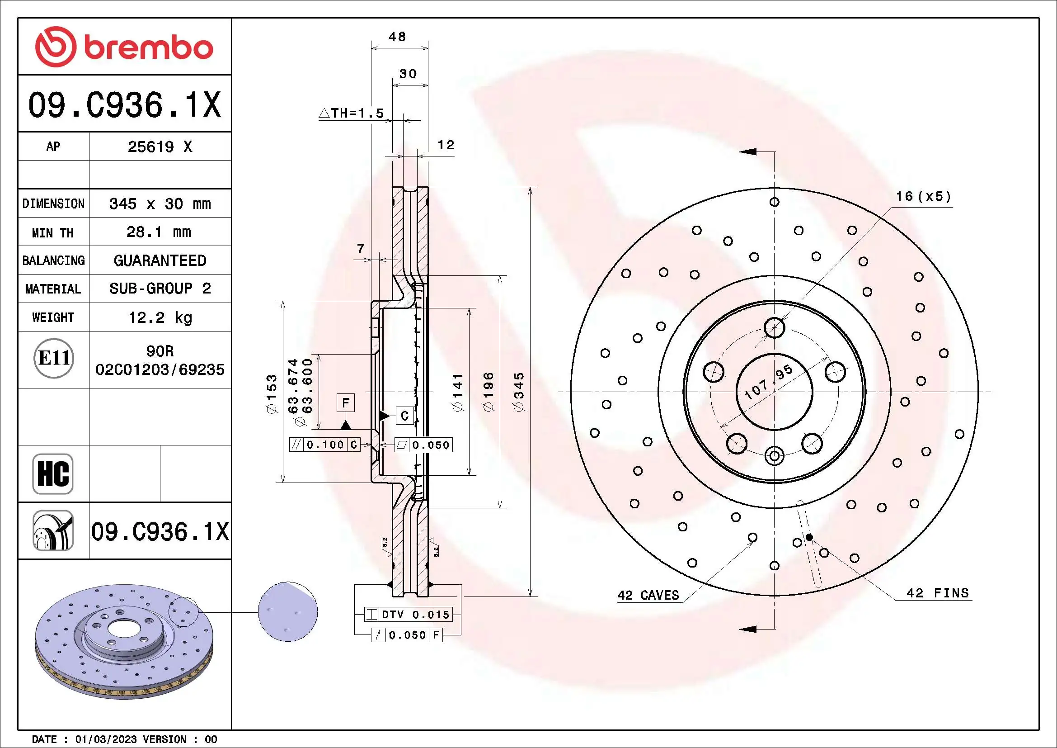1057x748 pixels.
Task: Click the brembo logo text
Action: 148,48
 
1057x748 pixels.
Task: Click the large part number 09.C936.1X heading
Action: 124,105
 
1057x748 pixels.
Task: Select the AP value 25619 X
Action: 159,147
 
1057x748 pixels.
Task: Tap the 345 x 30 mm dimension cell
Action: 159,204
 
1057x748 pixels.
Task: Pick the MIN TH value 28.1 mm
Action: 158,232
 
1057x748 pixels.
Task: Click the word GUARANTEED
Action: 160,260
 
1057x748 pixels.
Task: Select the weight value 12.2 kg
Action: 160,317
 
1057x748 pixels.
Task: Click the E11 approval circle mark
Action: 53,358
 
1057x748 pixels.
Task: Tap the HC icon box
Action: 53,473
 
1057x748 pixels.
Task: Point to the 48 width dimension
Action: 397,37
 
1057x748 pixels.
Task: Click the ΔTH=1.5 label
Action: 352,114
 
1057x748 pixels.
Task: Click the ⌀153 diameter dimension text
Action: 272,394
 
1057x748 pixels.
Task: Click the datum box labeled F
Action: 346,402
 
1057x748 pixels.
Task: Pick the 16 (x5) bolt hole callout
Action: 923,197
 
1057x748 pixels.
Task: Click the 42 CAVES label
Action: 648,596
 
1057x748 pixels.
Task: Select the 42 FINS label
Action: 937,593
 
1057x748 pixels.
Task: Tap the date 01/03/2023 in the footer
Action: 106,739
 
